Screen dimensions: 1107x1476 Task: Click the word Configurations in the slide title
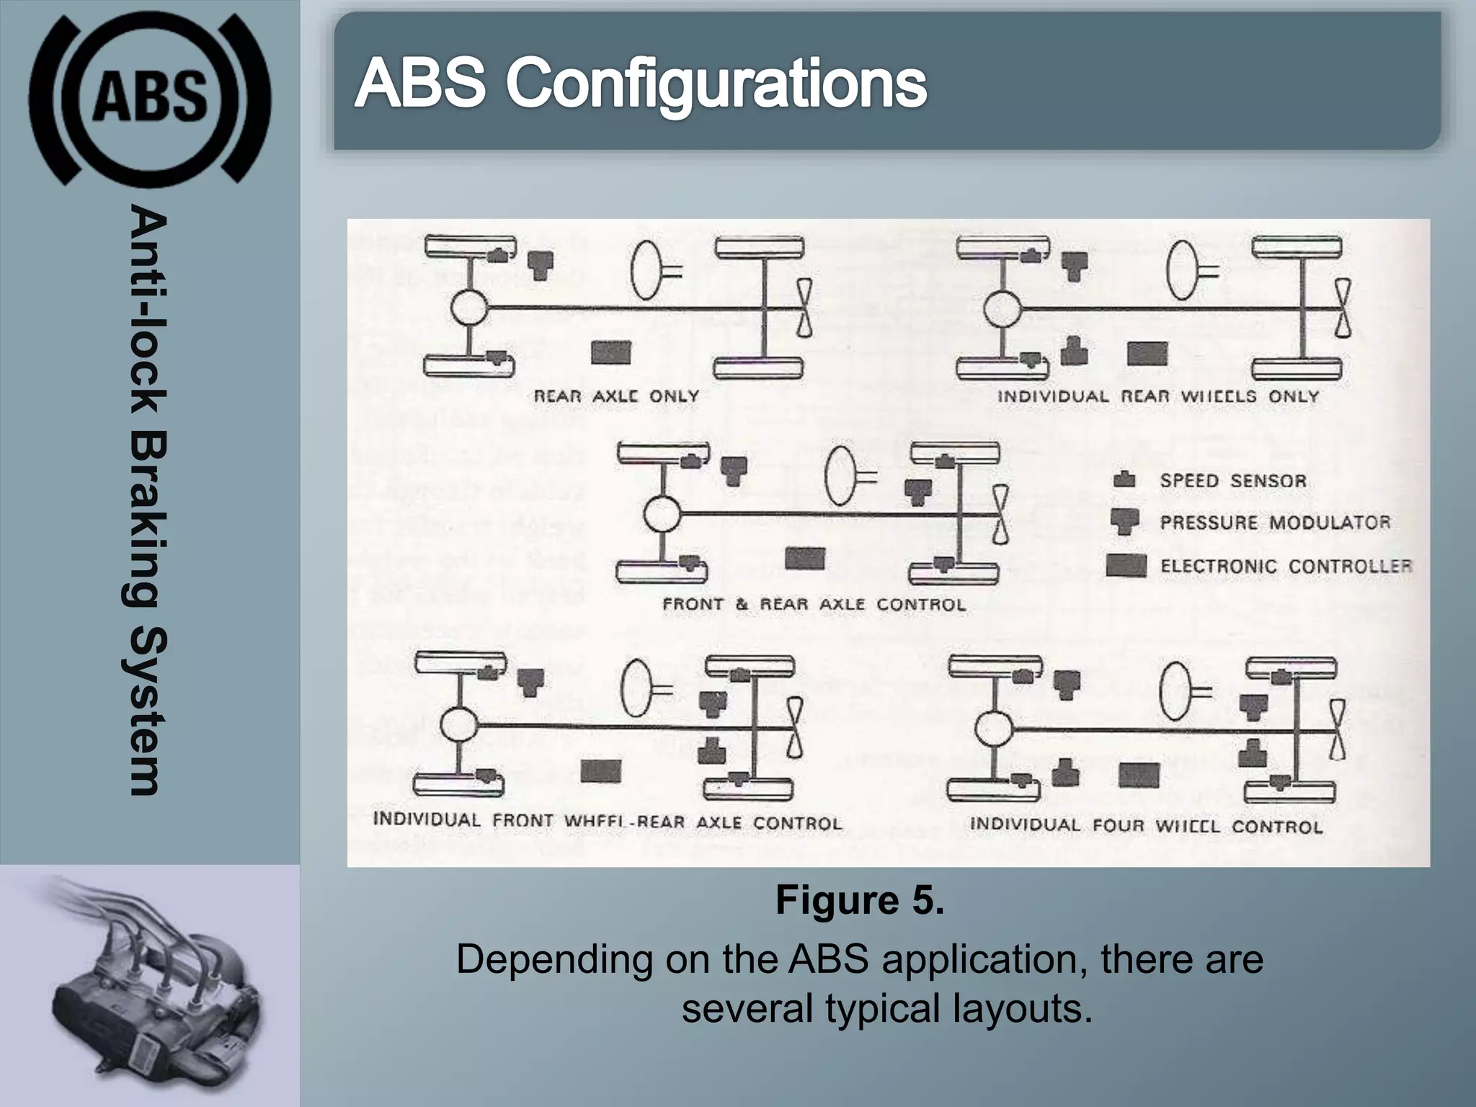(x=716, y=84)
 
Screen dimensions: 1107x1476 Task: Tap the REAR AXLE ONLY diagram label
(x=616, y=396)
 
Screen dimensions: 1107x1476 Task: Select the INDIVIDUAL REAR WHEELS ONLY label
(x=1157, y=396)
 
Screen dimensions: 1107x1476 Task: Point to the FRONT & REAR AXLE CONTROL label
(x=814, y=604)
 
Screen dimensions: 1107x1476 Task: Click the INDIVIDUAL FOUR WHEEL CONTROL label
(x=1146, y=825)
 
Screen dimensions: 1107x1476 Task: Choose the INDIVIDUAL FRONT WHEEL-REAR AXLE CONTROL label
(x=607, y=822)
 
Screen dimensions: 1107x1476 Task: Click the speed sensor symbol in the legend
(x=1124, y=480)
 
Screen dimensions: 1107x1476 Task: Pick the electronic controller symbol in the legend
(x=1126, y=566)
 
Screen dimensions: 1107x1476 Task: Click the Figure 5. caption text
(x=859, y=900)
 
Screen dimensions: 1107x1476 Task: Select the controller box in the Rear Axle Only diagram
(x=610, y=352)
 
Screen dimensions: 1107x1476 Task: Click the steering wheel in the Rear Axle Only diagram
(x=646, y=269)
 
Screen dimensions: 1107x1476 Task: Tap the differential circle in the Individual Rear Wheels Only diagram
(x=1002, y=308)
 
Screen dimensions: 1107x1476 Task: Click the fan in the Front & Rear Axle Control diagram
(x=1000, y=515)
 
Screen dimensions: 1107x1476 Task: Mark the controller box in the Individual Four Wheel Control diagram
(x=1138, y=775)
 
